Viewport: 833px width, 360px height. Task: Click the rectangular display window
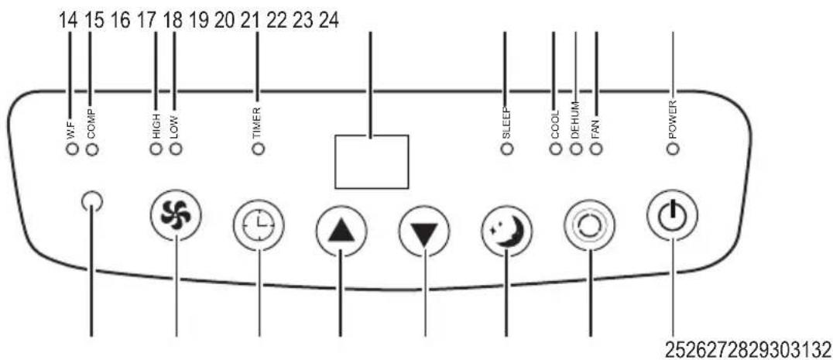tap(372, 162)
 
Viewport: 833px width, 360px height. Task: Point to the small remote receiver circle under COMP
tap(92, 201)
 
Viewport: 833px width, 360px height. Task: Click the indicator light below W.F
tap(72, 149)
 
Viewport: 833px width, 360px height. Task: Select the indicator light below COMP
tap(92, 149)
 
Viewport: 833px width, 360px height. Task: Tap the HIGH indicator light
tap(156, 149)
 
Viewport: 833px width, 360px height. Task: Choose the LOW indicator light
tap(176, 149)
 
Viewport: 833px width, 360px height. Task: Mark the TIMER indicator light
tap(259, 149)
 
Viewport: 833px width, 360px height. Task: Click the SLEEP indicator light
tap(507, 149)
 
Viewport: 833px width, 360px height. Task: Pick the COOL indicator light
tap(556, 149)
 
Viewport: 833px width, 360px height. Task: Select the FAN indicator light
tap(597, 149)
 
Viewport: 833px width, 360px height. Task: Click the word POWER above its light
tap(673, 120)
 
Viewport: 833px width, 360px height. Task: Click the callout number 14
tap(68, 21)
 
